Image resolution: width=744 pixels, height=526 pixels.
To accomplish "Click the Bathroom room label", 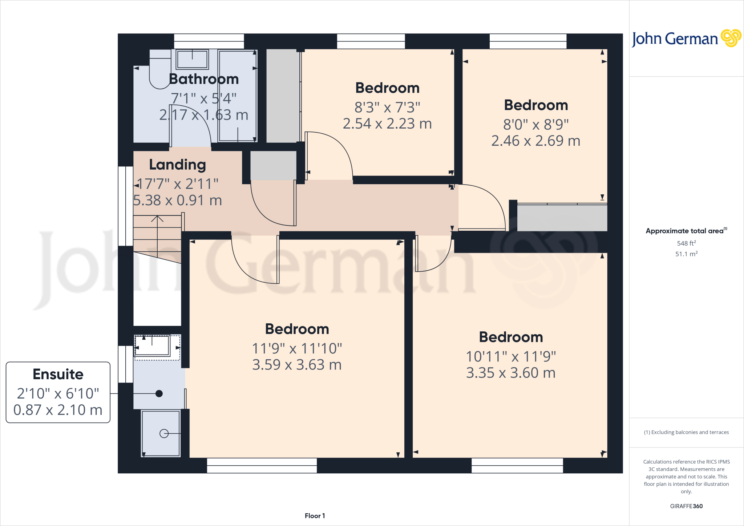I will pyautogui.click(x=204, y=79).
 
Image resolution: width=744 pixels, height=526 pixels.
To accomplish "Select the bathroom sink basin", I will pyautogui.click(x=192, y=59).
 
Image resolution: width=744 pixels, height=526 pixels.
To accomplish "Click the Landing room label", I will pyautogui.click(x=178, y=165).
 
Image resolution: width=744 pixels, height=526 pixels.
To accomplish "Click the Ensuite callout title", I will pyautogui.click(x=58, y=374).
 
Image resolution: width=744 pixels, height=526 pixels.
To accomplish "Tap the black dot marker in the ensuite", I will pyautogui.click(x=159, y=393).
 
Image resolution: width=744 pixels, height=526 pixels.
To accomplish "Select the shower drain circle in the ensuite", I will pyautogui.click(x=164, y=433).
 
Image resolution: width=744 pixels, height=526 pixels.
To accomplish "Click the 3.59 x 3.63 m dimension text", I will pyautogui.click(x=297, y=365).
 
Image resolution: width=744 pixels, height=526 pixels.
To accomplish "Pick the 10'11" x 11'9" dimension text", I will pyautogui.click(x=511, y=357).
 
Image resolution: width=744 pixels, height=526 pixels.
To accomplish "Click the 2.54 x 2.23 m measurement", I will pyautogui.click(x=387, y=124).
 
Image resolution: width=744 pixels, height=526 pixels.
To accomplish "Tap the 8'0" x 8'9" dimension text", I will pyautogui.click(x=536, y=125).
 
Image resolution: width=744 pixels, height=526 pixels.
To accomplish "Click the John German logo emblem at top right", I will pyautogui.click(x=731, y=38).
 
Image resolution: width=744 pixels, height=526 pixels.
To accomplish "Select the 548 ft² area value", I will pyautogui.click(x=686, y=243).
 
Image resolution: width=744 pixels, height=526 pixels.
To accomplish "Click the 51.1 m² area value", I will pyautogui.click(x=686, y=254).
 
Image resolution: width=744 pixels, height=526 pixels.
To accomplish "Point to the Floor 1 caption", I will pyautogui.click(x=315, y=516).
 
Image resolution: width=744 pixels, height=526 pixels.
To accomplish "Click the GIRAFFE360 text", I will pyautogui.click(x=686, y=506).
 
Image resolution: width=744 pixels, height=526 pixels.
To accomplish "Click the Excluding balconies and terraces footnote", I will pyautogui.click(x=686, y=432).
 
